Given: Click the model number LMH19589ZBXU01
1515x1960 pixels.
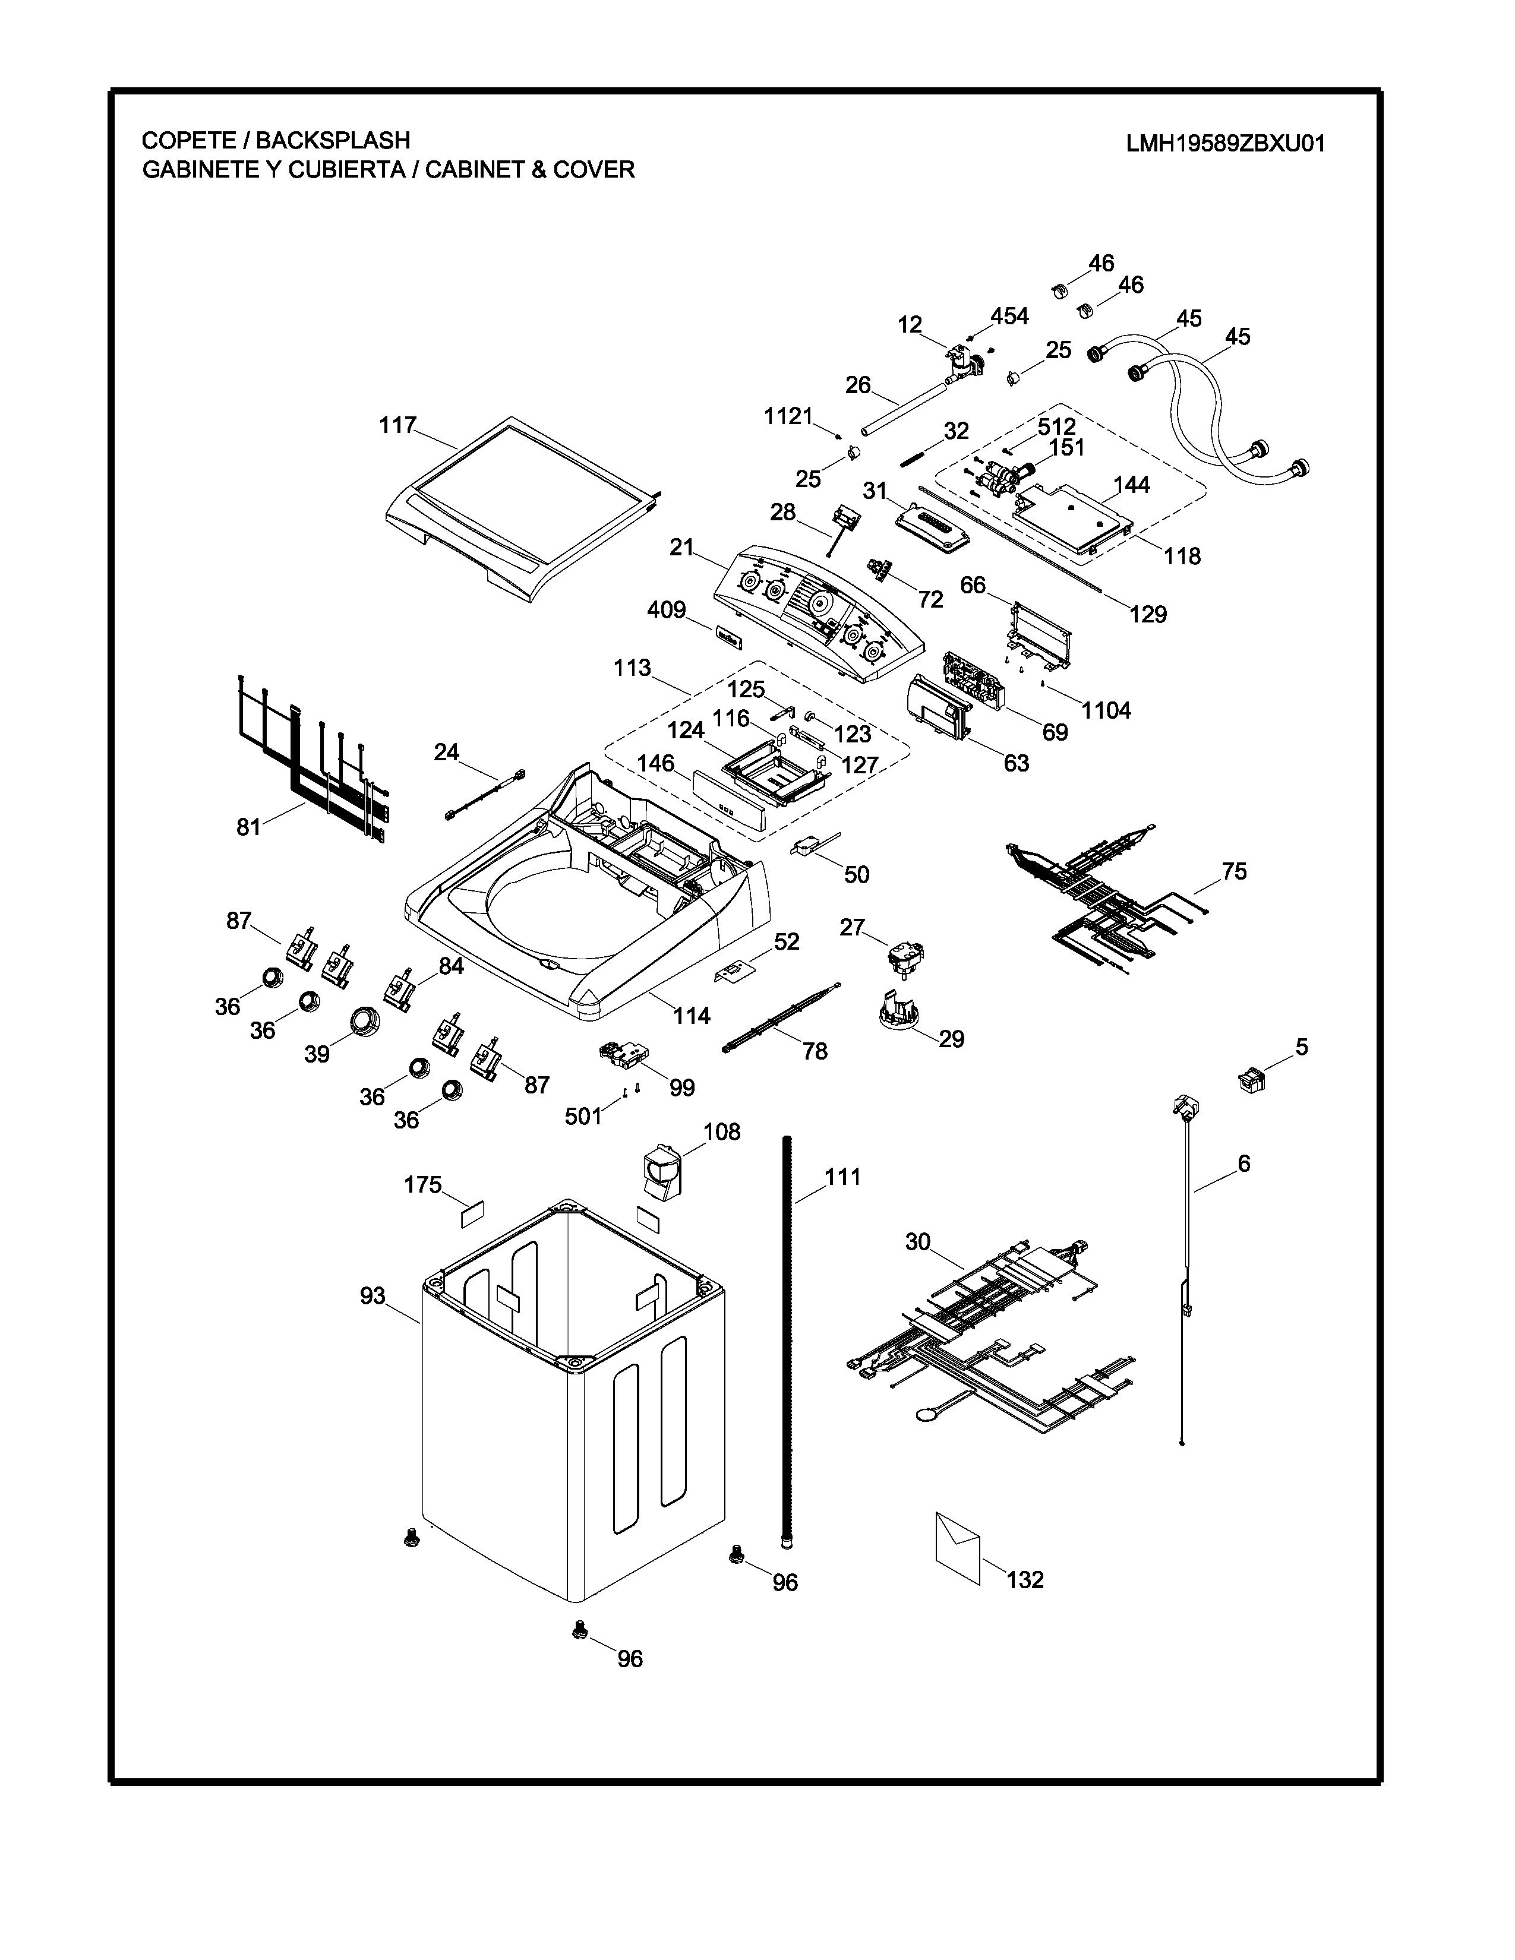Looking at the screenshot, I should pyautogui.click(x=1225, y=144).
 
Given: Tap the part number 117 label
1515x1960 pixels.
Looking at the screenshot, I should pyautogui.click(x=397, y=425).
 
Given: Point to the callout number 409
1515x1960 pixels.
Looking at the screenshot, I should pyautogui.click(x=666, y=610).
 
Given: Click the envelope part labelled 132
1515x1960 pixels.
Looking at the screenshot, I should pyautogui.click(x=958, y=1550).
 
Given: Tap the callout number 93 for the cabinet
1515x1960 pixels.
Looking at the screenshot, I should pyautogui.click(x=373, y=1296).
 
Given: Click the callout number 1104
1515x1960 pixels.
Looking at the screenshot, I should pyautogui.click(x=1106, y=711).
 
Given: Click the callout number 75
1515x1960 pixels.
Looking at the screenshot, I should pyautogui.click(x=1234, y=871).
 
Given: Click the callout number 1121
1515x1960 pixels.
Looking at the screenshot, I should pyautogui.click(x=788, y=416).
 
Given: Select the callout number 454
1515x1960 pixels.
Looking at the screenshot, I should pyautogui.click(x=1009, y=316).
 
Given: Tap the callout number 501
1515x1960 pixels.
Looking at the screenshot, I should pyautogui.click(x=583, y=1117).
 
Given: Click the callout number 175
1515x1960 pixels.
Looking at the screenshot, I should pyautogui.click(x=423, y=1186).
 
